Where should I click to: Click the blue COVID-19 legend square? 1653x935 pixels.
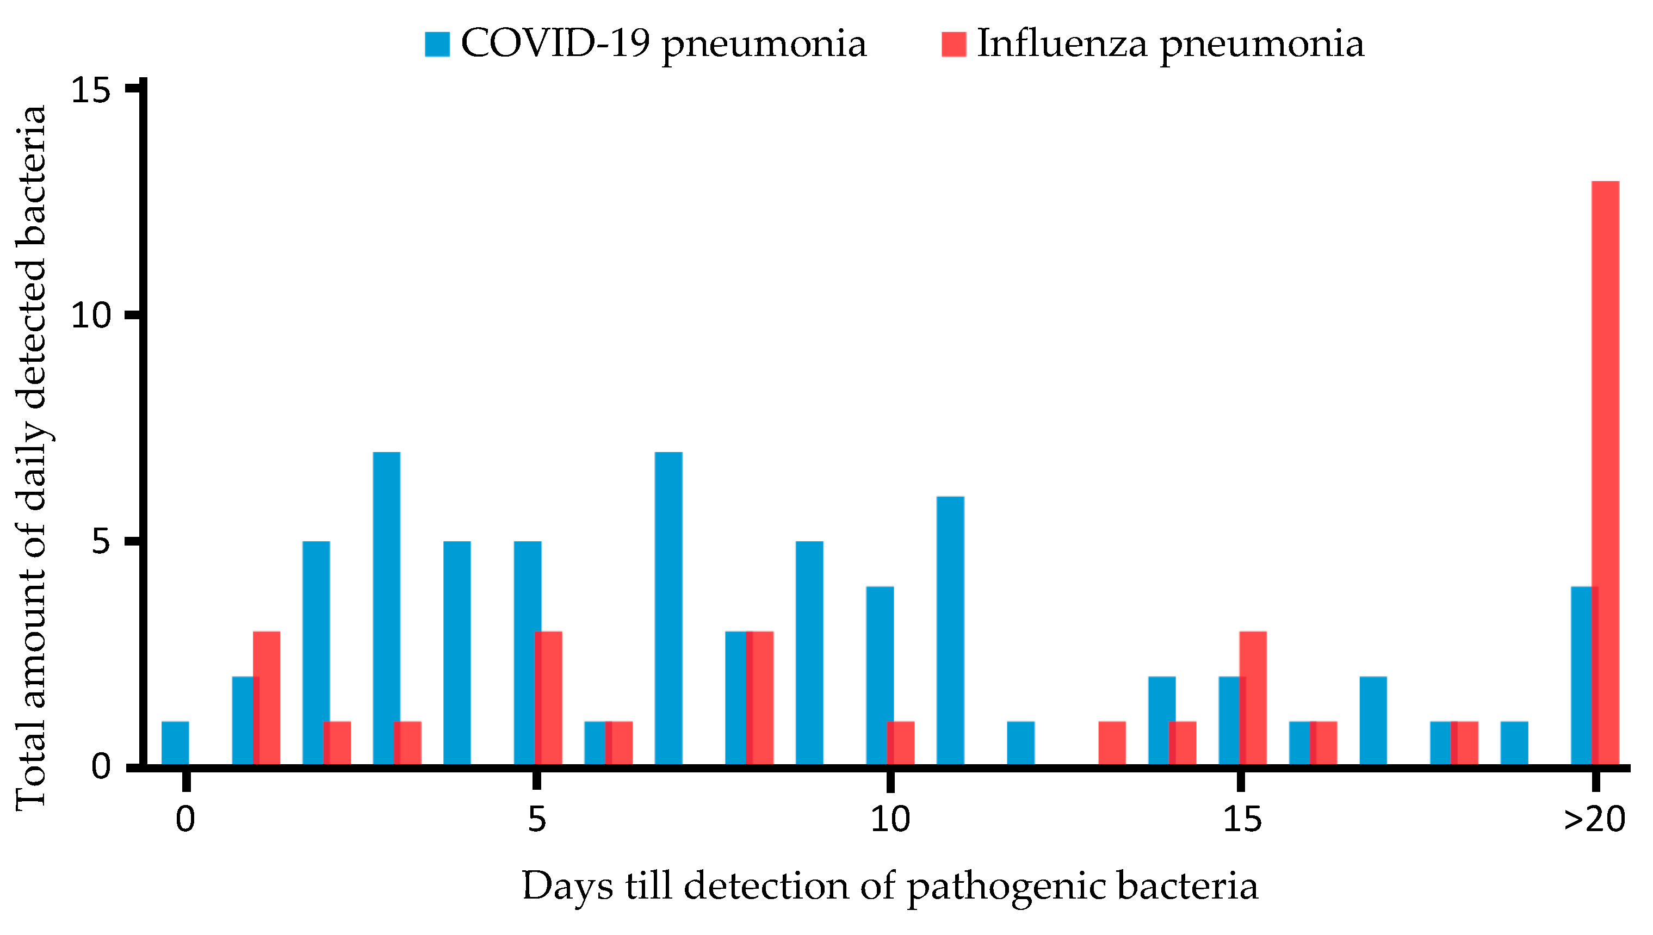pos(437,44)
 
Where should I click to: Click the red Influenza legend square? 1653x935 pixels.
pos(954,44)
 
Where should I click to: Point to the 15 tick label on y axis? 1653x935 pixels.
pos(90,90)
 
